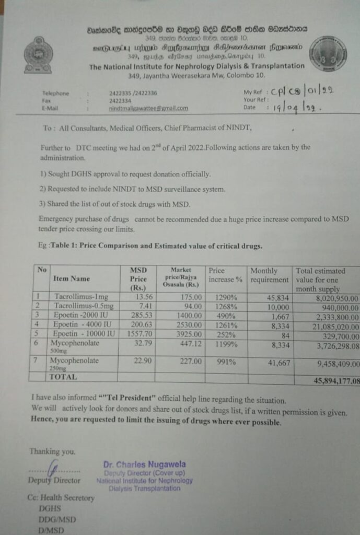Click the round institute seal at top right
(328, 53)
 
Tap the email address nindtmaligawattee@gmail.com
(148, 108)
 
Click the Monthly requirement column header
(269, 275)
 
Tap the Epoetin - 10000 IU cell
(83, 333)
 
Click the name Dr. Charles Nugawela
(144, 464)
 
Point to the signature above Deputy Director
(52, 467)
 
